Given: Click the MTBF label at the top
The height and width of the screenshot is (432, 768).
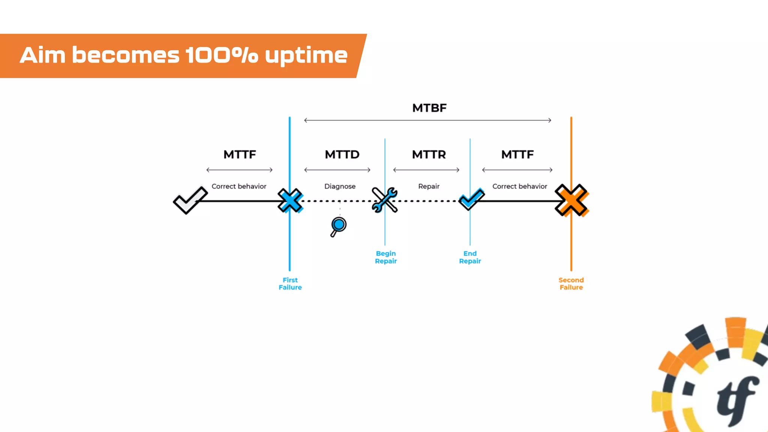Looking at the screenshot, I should coord(429,108).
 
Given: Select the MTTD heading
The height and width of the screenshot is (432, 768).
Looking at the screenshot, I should coord(342,154).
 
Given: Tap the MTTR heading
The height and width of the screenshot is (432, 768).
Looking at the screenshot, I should coord(429,154).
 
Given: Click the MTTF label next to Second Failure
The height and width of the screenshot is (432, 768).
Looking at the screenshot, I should coord(517,154).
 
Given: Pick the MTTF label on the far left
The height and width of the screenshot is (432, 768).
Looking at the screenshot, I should coord(240,154).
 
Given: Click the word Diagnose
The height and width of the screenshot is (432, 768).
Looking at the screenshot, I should coord(340,186).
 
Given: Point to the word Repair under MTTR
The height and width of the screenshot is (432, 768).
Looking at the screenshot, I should coord(429,186).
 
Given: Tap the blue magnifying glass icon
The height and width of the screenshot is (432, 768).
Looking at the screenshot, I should coord(338,226).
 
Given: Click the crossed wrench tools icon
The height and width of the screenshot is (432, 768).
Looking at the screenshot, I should coord(384,200).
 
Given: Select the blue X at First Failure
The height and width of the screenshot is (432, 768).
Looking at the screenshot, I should coord(290,201).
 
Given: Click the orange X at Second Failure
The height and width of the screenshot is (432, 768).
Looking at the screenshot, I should coord(571,200).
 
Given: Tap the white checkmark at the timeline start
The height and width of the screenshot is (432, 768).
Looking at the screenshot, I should coord(190,200).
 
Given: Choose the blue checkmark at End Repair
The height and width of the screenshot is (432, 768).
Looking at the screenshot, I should coord(471,199).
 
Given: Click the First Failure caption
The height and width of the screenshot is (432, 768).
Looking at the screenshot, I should coord(290,283).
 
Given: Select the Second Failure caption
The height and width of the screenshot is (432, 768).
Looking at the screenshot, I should coord(571,283).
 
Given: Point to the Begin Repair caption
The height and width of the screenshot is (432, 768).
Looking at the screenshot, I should coord(385,257).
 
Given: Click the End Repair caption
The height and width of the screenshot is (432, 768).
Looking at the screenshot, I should coord(470,257).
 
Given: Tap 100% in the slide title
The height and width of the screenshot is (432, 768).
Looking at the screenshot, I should coord(221,55).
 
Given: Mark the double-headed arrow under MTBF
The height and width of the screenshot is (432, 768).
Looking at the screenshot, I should coord(427,120).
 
